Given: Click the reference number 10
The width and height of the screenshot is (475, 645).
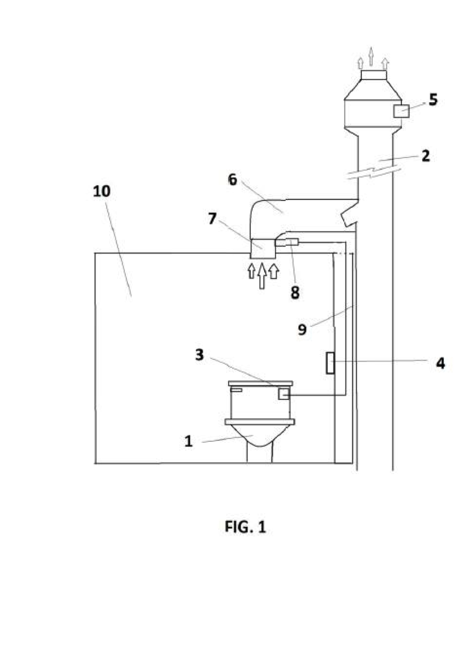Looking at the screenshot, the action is point(102,191).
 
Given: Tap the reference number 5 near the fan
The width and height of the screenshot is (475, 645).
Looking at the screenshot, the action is point(433,99).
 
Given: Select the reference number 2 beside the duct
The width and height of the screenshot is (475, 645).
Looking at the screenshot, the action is point(426,156).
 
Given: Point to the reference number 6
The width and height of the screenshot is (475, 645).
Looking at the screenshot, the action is point(233,180).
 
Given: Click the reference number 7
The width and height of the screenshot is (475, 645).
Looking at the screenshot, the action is point(212,219).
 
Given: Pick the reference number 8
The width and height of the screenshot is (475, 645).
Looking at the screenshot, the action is point(295,293).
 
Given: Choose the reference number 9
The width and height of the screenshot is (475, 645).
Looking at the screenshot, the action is point(302,329).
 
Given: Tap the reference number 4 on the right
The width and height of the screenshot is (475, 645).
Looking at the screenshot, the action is point(440,363).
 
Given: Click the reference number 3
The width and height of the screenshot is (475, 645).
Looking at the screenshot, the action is point(199,354).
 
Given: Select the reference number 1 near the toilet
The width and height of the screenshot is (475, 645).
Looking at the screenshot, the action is point(188,441).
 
